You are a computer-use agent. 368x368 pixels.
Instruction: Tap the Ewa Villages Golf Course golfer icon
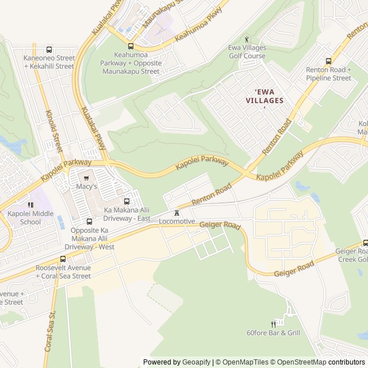tap(247, 39)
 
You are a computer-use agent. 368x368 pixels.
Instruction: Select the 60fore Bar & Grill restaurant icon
tap(273, 324)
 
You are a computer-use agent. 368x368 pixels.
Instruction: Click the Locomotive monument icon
tap(177, 213)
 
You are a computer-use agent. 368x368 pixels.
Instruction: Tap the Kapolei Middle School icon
tap(30, 205)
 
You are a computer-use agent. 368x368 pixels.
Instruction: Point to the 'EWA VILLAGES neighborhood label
tap(264, 96)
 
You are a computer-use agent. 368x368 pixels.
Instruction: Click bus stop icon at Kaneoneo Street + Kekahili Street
tap(49, 50)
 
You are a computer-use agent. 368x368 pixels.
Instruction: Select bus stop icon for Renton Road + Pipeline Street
tap(328, 62)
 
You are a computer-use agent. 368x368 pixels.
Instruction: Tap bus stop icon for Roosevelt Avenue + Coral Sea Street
tap(63, 259)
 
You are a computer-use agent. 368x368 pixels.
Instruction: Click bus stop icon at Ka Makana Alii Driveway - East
tap(127, 201)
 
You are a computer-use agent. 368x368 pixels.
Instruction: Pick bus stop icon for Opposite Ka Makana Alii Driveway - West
tap(89, 222)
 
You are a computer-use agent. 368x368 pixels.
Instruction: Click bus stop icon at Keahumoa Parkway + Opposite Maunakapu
tap(131, 47)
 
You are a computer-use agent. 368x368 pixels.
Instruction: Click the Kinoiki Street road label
tap(52, 129)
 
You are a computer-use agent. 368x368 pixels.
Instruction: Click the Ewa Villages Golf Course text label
tap(247, 52)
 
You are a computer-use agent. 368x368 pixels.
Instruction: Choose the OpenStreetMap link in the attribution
tap(298, 362)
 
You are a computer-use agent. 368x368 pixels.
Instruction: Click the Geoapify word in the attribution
tap(196, 362)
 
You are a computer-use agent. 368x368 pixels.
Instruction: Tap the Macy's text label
tap(87, 187)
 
